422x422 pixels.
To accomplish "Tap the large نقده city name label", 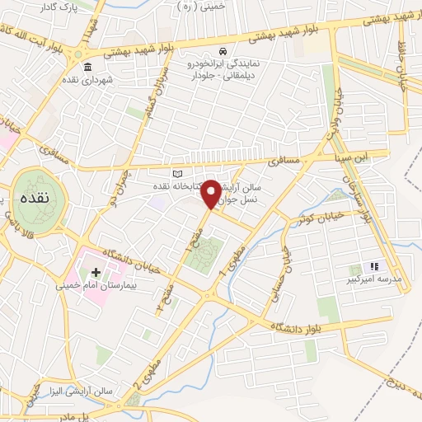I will point(36,200).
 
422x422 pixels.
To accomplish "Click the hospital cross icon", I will point(96,272).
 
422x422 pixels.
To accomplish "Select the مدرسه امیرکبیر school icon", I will point(373,266).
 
